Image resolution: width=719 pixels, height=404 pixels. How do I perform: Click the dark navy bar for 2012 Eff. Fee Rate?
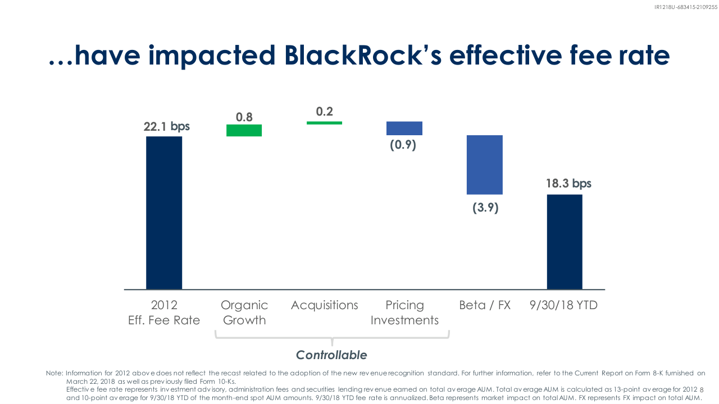[164, 213]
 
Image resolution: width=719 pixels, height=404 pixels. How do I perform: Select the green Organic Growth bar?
[244, 131]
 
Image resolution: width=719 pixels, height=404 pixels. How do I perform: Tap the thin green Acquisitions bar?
[324, 123]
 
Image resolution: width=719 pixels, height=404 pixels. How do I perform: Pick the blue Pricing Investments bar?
[404, 128]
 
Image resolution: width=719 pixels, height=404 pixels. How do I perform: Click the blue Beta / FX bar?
[485, 165]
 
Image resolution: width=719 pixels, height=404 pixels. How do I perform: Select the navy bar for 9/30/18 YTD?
[565, 242]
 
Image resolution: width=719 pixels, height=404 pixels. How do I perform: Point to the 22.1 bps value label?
[167, 127]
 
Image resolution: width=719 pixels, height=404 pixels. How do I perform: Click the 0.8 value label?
[244, 117]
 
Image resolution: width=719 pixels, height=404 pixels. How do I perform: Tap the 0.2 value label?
[325, 112]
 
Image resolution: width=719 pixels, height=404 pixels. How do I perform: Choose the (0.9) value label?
[403, 145]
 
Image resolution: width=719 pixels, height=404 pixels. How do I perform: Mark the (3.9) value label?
[485, 208]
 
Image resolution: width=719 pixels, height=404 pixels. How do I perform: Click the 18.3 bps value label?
[568, 183]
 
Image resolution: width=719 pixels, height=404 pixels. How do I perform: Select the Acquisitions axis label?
[325, 305]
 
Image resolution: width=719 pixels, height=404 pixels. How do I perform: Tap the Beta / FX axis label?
[485, 305]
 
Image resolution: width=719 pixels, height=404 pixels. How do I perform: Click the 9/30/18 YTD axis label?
[563, 305]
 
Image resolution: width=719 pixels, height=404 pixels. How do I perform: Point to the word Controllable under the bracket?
[331, 355]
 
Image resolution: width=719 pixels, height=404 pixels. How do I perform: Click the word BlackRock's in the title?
[363, 55]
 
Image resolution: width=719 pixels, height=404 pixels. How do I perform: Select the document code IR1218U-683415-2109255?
[686, 7]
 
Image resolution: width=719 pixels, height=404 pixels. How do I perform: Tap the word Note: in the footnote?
[54, 373]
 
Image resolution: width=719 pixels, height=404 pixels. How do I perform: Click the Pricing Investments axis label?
[404, 313]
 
